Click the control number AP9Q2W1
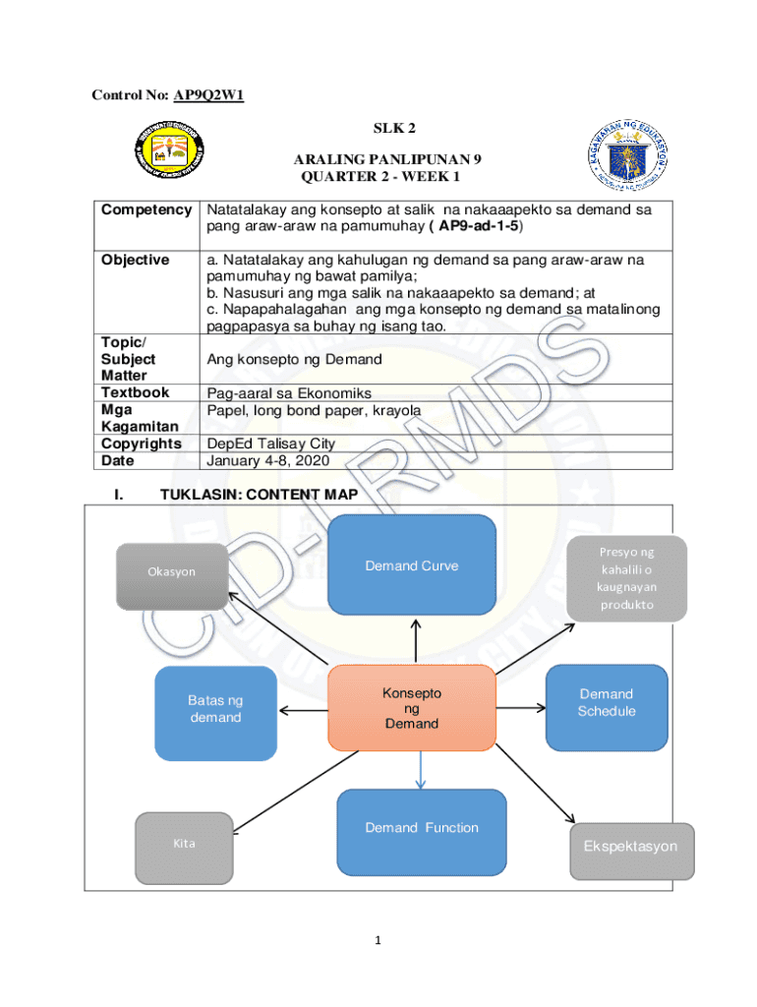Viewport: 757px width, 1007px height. pos(208,95)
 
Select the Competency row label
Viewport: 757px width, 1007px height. pos(146,209)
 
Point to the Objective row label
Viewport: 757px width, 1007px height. pos(136,260)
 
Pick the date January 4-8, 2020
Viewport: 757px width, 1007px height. pos(267,460)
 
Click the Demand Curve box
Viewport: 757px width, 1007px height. pos(411,564)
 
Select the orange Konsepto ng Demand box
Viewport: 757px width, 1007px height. pos(411,708)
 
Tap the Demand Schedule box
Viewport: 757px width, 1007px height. pos(607,702)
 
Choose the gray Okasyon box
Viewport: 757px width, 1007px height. pos(172,571)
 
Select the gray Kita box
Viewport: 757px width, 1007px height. pos(184,845)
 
